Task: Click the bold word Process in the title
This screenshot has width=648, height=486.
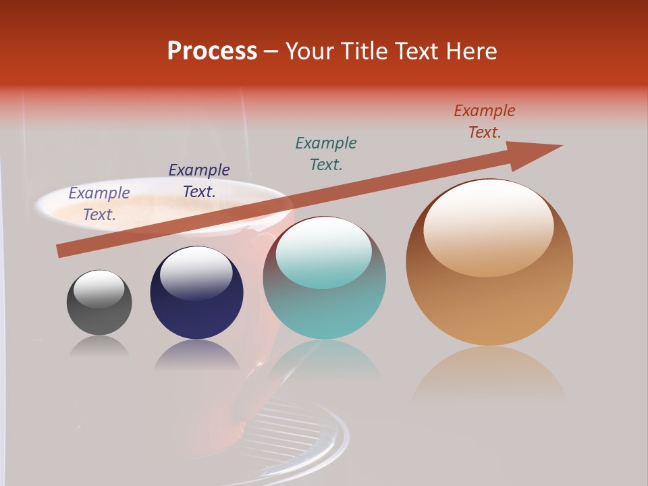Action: coord(212,51)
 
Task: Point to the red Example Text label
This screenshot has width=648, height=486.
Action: coord(484,122)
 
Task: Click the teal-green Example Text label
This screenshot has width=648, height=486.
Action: coord(326,153)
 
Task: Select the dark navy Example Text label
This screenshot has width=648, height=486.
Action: coord(199,181)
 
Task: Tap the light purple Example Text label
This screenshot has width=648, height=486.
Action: coord(99,203)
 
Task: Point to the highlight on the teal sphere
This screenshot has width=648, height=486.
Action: coord(323,252)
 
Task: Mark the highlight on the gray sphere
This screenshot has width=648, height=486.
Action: coord(99,288)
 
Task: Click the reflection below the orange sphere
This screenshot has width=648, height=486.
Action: coord(489,375)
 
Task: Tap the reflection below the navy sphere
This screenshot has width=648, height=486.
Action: coord(196,356)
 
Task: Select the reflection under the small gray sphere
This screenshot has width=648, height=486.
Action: coord(99,346)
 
